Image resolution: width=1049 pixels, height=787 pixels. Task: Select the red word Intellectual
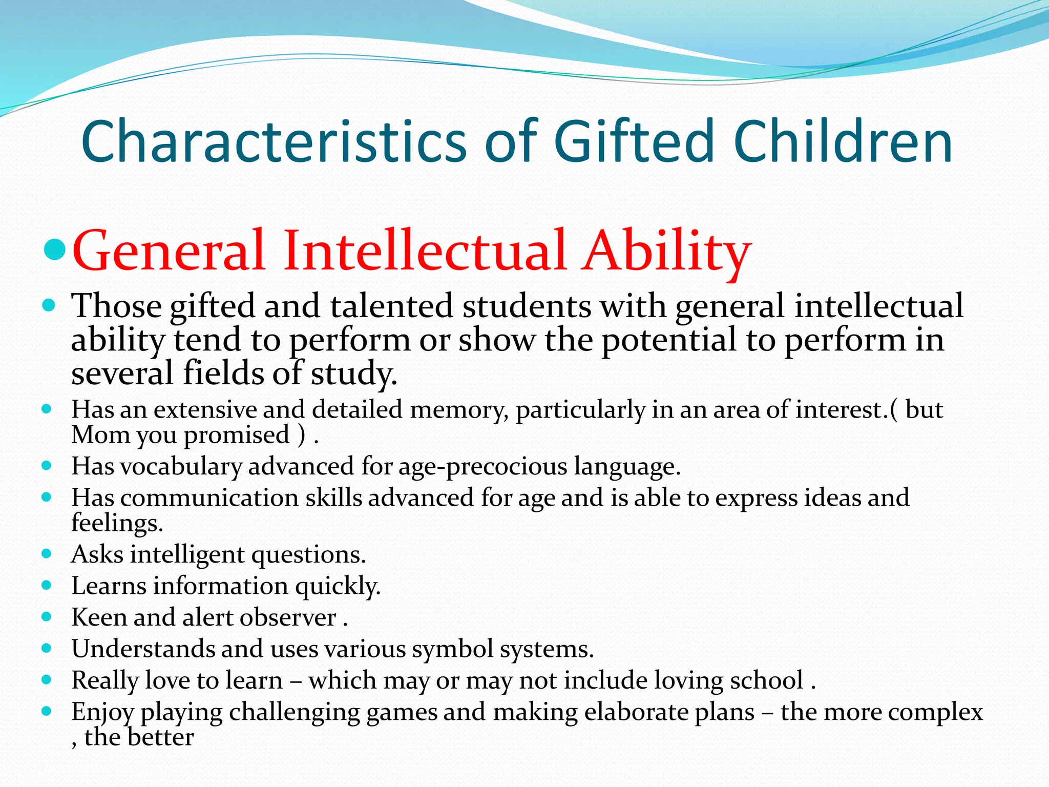click(x=425, y=251)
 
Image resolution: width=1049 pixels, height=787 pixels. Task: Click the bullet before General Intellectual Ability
click(x=55, y=250)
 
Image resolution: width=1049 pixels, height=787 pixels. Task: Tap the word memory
click(x=459, y=410)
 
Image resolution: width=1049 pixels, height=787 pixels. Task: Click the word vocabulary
click(x=181, y=467)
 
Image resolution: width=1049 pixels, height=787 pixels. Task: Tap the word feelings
click(x=117, y=523)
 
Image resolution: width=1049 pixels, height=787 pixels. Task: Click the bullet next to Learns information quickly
click(x=47, y=585)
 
